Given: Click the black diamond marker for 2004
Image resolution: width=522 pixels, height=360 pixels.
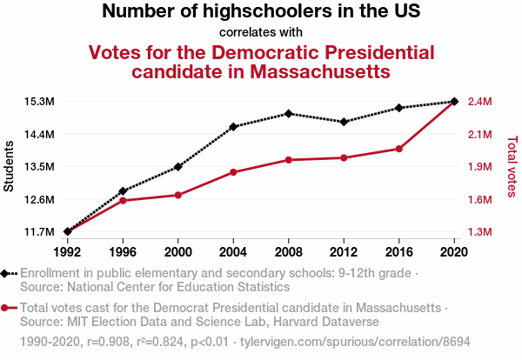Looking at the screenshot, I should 233,127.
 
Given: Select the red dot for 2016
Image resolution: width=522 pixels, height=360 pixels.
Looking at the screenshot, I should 398,149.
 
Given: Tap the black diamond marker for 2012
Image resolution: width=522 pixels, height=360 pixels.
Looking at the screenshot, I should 344,122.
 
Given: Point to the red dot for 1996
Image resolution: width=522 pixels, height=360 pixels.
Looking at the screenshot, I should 124,201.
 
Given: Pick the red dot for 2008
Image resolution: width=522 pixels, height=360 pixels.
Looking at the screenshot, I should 289,160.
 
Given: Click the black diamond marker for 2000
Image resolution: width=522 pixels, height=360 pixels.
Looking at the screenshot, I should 178,166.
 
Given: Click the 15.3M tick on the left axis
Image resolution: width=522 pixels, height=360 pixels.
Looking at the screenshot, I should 40,102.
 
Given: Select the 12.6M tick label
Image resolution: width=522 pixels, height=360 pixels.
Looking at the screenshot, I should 40,199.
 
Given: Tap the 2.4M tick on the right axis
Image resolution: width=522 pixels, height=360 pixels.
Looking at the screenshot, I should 479,102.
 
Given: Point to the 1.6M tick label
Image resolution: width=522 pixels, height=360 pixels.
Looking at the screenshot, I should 479,199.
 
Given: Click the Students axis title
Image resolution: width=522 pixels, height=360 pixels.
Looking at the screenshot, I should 10,166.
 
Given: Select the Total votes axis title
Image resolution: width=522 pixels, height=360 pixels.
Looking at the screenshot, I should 512,166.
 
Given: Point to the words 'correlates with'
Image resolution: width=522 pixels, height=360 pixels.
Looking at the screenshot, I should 261,32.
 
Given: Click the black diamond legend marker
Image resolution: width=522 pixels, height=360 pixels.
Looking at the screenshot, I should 7,273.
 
